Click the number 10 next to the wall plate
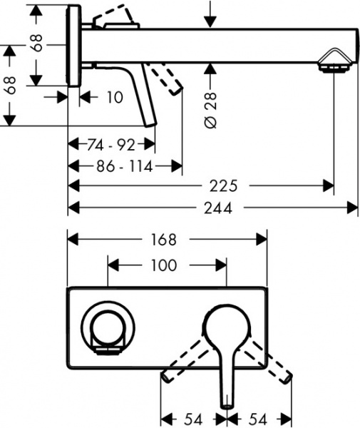point(113,97)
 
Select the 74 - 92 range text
point(111,145)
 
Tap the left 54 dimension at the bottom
point(192,415)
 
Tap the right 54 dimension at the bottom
point(258,415)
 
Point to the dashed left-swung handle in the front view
point(187,360)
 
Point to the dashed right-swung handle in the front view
point(270,360)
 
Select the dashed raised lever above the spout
point(118,17)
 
